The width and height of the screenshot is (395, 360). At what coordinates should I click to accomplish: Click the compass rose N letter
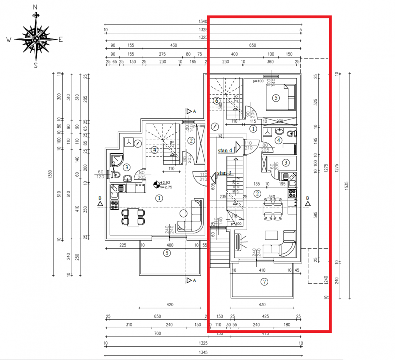point(35,7)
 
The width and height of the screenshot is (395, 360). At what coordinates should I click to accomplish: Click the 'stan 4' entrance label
point(225,151)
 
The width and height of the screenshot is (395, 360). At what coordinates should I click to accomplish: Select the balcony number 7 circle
point(264,282)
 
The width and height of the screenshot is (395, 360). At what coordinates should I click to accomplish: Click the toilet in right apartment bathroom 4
point(291,133)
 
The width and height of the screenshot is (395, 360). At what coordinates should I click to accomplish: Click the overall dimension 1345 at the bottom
point(203,353)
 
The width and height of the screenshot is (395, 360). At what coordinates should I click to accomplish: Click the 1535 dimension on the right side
point(346,185)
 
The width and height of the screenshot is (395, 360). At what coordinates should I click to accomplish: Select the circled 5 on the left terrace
point(167,253)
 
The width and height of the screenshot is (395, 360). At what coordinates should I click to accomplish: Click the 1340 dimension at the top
point(203,21)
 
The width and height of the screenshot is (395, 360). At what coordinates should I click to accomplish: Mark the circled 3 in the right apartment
point(286,163)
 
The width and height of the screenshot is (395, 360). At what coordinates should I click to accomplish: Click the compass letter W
point(9,40)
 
